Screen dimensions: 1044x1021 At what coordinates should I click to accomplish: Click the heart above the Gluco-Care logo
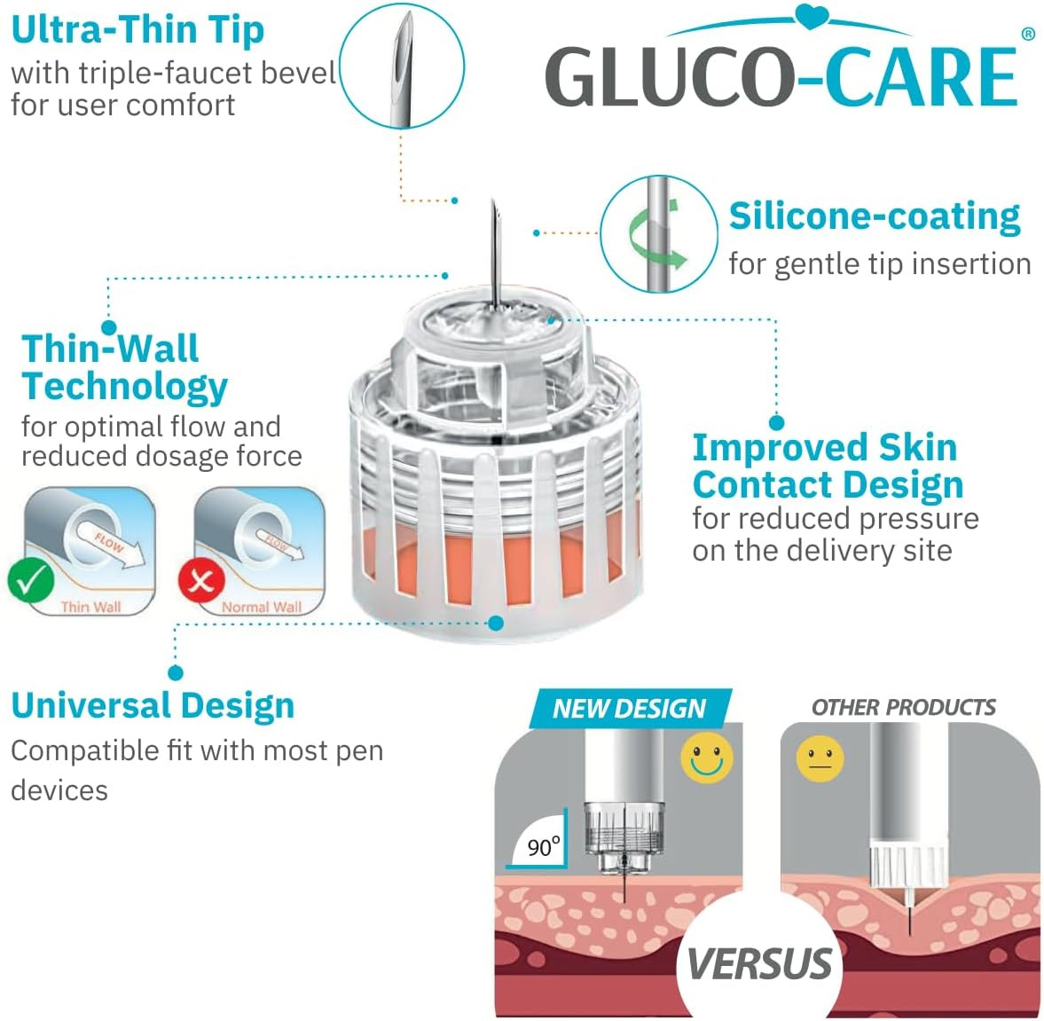tap(812, 16)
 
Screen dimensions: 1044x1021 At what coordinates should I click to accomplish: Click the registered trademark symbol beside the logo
tap(1028, 34)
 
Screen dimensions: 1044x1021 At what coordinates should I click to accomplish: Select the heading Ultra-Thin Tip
tap(137, 31)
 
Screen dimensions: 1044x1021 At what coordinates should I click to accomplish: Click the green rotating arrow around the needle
tap(656, 234)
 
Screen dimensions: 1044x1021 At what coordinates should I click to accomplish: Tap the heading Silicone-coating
tap(875, 216)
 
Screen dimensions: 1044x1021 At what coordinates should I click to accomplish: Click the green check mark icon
tap(31, 581)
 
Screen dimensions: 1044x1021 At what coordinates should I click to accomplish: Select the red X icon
tap(201, 581)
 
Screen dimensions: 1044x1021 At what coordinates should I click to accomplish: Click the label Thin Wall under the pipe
tap(90, 607)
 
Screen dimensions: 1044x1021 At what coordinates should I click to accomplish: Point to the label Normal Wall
tap(261, 607)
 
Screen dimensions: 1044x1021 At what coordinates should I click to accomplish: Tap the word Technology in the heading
tap(124, 387)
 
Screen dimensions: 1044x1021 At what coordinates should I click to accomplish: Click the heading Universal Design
tap(153, 706)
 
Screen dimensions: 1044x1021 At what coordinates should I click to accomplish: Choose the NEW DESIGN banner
tap(630, 709)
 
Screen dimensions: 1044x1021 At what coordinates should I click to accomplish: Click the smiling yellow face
tap(706, 758)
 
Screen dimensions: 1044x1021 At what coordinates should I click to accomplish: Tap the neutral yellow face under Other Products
tap(820, 758)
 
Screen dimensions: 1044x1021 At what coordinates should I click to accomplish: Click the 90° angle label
tap(544, 846)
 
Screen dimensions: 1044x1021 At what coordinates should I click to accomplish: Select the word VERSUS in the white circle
tap(759, 963)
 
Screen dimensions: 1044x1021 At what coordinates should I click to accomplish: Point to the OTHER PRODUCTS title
tap(904, 707)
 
